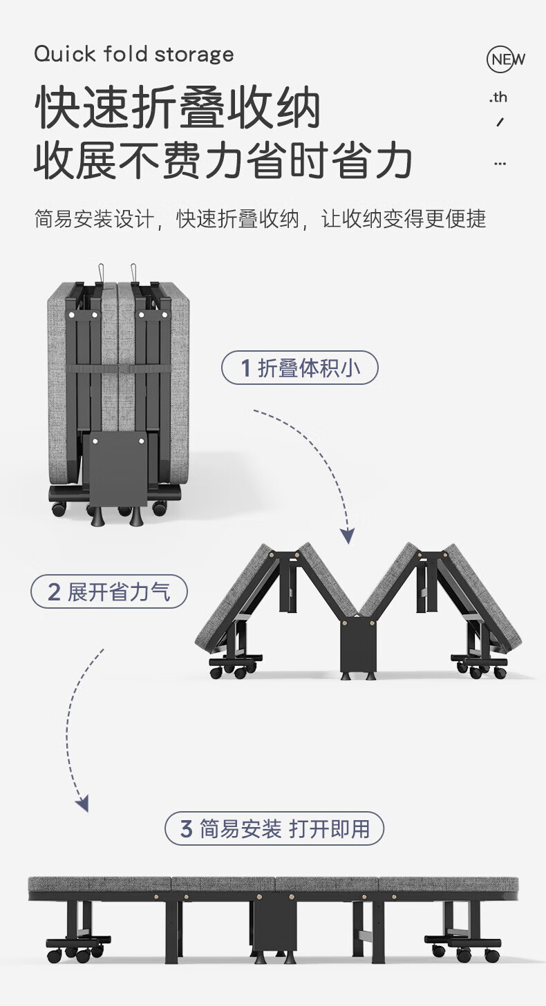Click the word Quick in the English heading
point(65,55)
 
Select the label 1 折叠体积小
point(300,368)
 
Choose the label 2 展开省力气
point(109,591)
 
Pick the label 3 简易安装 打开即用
point(274,828)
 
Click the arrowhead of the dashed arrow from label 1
point(348,536)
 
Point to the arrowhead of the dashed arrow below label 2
point(82,803)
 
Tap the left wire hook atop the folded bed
point(102,272)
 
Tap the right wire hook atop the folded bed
point(134,272)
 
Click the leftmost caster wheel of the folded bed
point(59,509)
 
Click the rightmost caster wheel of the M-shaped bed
point(500,673)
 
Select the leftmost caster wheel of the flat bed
point(54,954)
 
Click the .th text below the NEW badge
point(498,97)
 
